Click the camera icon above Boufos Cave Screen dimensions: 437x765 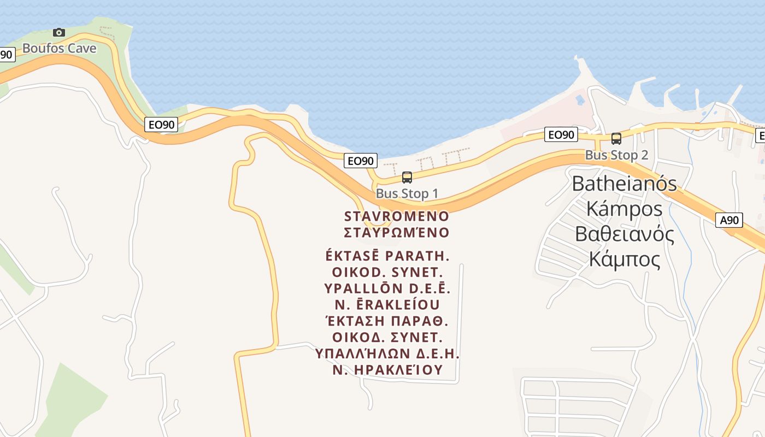pyautogui.click(x=59, y=33)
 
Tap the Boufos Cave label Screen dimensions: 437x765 pyautogui.click(x=59, y=48)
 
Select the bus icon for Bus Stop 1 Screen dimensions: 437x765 pyautogui.click(x=407, y=177)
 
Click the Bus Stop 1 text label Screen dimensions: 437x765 pyautogui.click(x=407, y=193)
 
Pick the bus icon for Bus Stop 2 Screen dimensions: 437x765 pyautogui.click(x=616, y=139)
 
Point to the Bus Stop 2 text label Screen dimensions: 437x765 pyautogui.click(x=616, y=155)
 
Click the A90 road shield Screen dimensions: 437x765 pyautogui.click(x=729, y=220)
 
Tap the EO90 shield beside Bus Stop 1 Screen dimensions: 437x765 pyautogui.click(x=361, y=161)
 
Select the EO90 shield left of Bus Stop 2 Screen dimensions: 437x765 pyautogui.click(x=561, y=134)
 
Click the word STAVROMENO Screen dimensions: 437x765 pyautogui.click(x=397, y=216)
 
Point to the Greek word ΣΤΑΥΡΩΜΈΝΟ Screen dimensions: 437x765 pyautogui.click(x=397, y=233)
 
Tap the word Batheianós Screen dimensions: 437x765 pyautogui.click(x=624, y=184)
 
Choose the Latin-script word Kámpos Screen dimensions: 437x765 pyautogui.click(x=624, y=209)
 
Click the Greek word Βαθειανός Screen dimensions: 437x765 pyautogui.click(x=624, y=234)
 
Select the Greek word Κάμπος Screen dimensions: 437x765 pyautogui.click(x=624, y=259)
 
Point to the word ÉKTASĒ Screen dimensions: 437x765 pyautogui.click(x=352, y=256)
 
